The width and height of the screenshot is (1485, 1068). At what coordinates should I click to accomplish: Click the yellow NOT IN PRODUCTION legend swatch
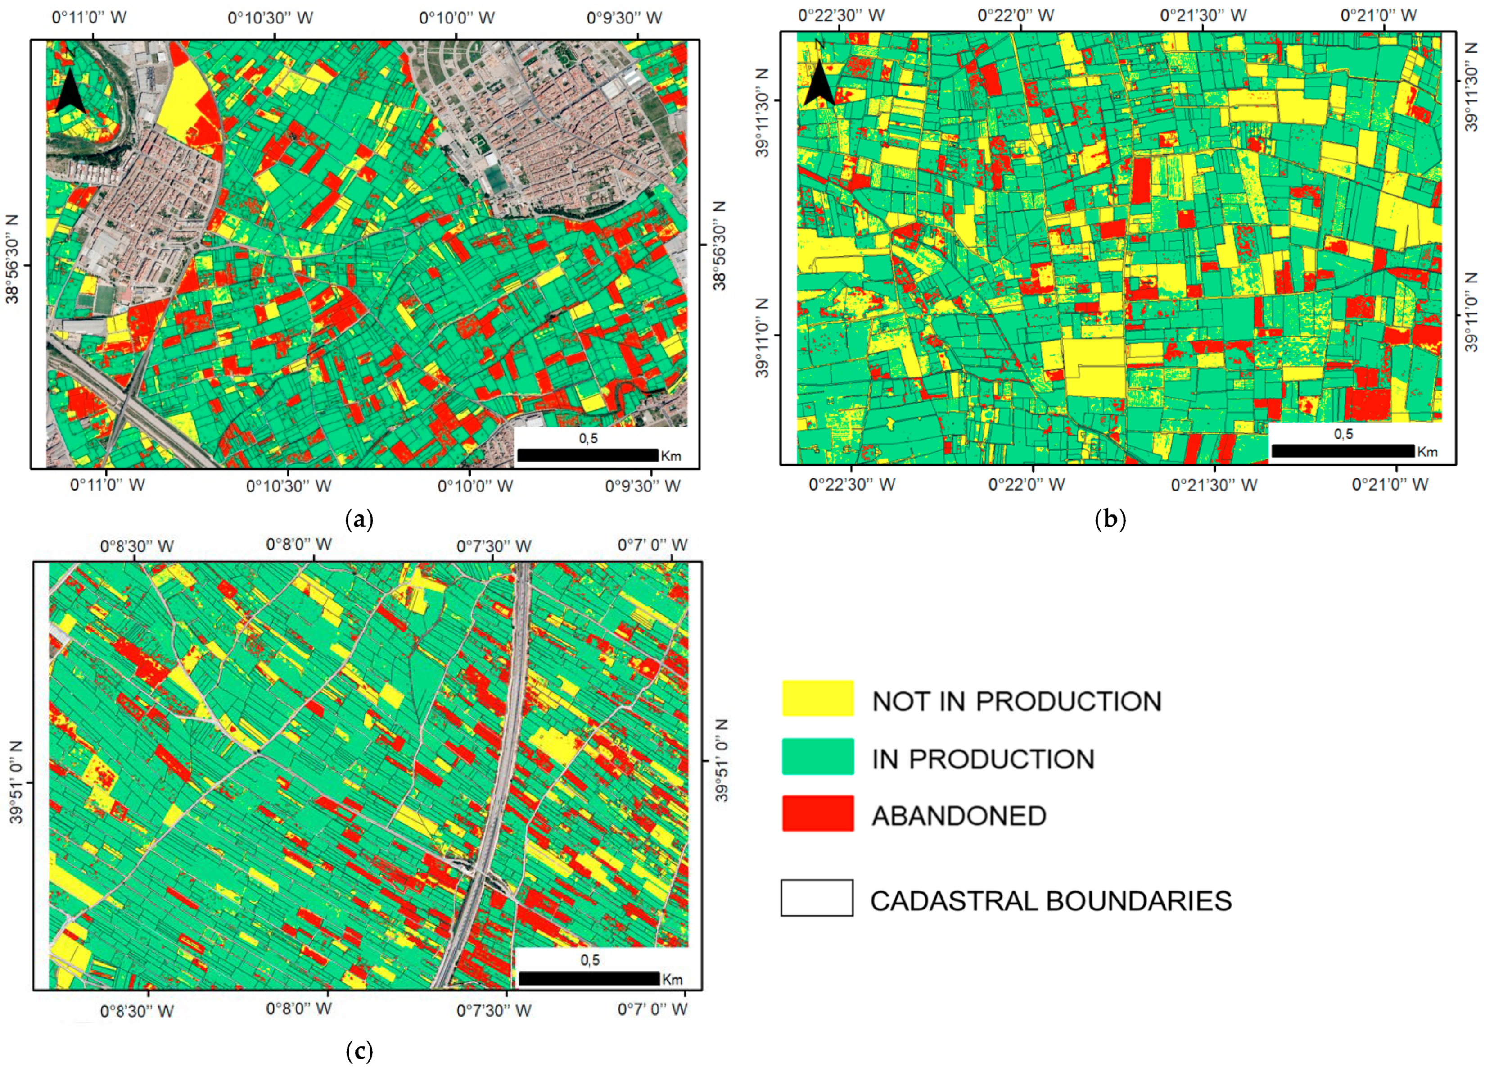coord(817,698)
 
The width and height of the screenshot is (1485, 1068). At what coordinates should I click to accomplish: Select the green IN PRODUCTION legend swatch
coord(817,756)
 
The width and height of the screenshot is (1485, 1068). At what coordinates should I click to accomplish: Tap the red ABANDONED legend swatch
coord(817,813)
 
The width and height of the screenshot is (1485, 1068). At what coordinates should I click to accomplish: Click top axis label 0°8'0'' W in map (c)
coord(298,545)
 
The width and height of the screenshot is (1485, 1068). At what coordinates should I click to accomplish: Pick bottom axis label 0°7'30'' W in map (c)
coord(493,1010)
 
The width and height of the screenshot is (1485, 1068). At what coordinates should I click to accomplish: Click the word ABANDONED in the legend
coord(959,816)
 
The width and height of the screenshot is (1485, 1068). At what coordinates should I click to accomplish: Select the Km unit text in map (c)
coord(673,980)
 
